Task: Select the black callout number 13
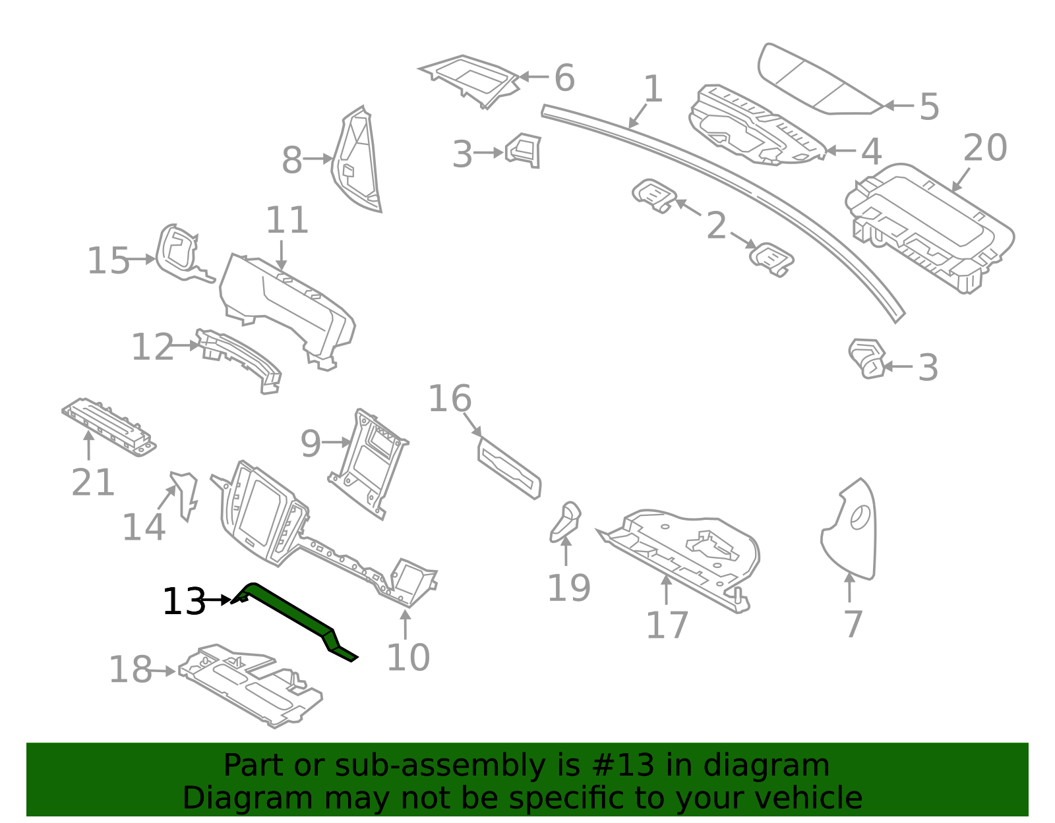184,602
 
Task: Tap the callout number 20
985,148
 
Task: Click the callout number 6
564,78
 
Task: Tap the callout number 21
93,482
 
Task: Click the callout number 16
450,399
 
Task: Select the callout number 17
667,625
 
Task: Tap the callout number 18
130,669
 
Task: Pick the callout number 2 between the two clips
716,226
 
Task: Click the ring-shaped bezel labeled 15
177,254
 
